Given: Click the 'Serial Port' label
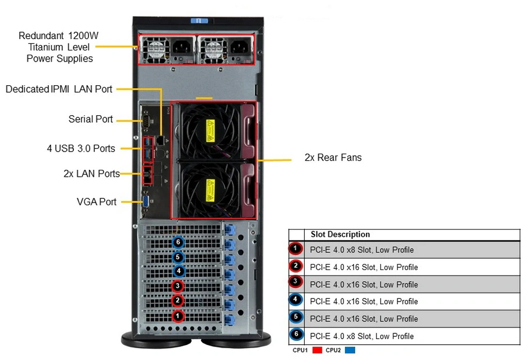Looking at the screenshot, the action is (x=91, y=119).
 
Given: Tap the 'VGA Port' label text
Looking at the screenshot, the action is (x=96, y=201).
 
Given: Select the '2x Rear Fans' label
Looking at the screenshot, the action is (x=333, y=157).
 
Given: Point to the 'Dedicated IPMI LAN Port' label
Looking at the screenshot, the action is (x=59, y=89).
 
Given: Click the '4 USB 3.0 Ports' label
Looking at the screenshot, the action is (x=81, y=148).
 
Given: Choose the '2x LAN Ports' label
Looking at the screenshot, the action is (x=92, y=174).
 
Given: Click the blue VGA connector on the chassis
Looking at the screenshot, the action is (x=147, y=202).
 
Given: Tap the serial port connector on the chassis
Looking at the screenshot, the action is (x=146, y=121).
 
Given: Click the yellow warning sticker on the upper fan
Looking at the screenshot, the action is (x=211, y=131).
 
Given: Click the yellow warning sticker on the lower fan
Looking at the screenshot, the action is (x=211, y=190).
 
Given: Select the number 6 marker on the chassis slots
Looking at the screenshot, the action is (x=178, y=242).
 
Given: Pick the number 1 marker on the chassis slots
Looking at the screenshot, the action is (x=178, y=316).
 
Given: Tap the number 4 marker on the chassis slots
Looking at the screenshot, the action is (x=179, y=271).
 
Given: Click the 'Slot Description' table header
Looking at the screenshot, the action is (x=340, y=234).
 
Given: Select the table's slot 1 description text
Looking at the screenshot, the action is (x=362, y=250).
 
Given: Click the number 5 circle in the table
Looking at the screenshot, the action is (x=296, y=317).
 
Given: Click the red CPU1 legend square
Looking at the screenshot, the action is (x=317, y=350).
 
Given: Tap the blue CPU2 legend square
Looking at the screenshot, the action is (x=350, y=350).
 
